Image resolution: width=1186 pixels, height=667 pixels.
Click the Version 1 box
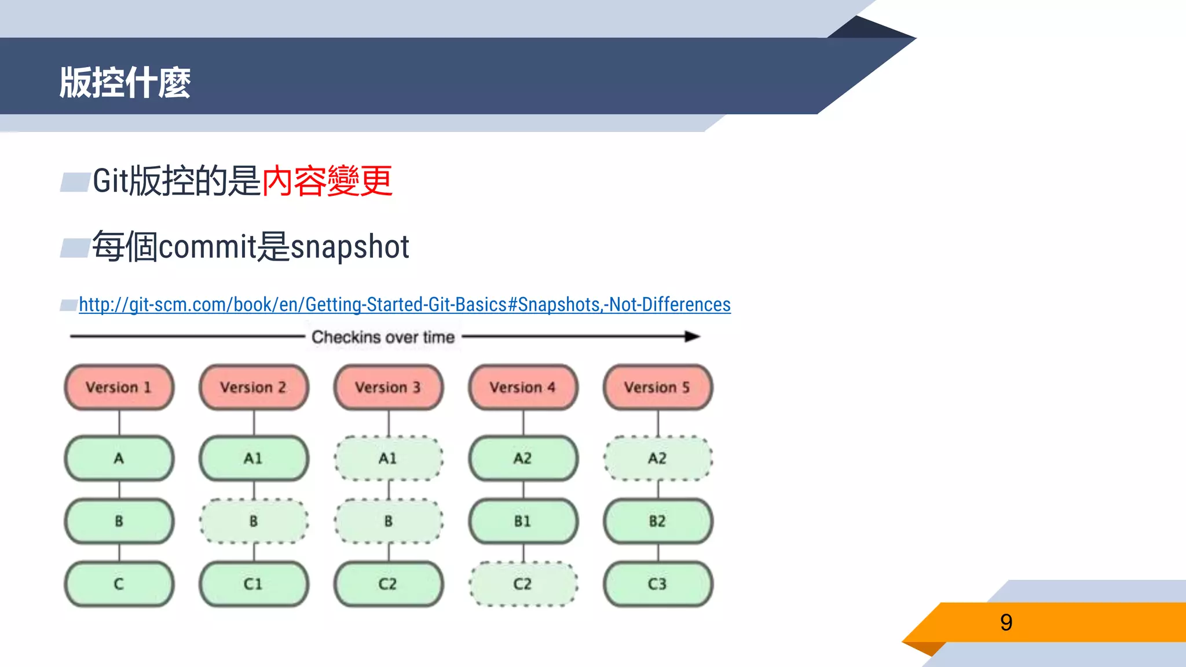click(x=119, y=387)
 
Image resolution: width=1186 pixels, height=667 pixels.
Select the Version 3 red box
click(x=388, y=387)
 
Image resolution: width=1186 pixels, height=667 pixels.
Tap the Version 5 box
click(x=657, y=387)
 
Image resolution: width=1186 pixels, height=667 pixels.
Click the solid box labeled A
click(x=119, y=458)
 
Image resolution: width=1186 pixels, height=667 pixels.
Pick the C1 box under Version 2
click(x=254, y=584)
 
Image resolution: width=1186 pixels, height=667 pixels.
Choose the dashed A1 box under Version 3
click(x=388, y=458)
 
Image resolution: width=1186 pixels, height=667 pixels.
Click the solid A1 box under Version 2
click(x=254, y=458)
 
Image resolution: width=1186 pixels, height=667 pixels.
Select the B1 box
click(x=523, y=521)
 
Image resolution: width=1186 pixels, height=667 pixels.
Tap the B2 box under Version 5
click(x=657, y=521)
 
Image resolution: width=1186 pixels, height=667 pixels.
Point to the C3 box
click(x=657, y=584)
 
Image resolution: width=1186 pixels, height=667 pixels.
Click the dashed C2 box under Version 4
click(x=523, y=584)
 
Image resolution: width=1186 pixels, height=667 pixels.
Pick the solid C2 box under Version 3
click(x=388, y=584)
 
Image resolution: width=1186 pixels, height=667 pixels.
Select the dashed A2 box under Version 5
click(x=657, y=458)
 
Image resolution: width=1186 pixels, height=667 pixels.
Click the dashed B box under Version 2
click(x=254, y=521)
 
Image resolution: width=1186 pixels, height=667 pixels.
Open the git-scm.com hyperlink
click(x=404, y=305)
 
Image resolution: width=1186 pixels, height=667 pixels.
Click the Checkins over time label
click(x=383, y=337)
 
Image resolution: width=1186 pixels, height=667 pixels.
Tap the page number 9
click(x=1006, y=622)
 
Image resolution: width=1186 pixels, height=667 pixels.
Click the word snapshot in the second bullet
click(x=350, y=247)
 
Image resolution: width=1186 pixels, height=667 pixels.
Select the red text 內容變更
click(x=327, y=181)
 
